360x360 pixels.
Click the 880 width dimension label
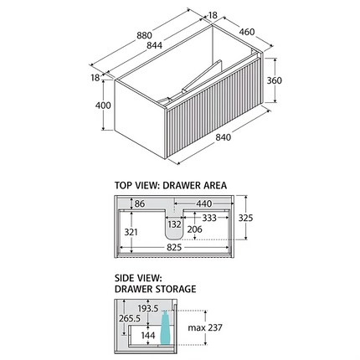coord(144,35)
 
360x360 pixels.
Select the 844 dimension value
coord(154,45)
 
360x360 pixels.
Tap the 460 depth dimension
coord(247,32)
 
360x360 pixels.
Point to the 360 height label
coord(275,80)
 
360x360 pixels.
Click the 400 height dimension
coord(103,105)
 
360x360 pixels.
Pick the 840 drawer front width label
coord(223,137)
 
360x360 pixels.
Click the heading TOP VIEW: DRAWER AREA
coord(171,185)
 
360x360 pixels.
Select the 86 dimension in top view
coord(140,203)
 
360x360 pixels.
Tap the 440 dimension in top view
coord(203,203)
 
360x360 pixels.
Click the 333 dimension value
coord(209,218)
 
